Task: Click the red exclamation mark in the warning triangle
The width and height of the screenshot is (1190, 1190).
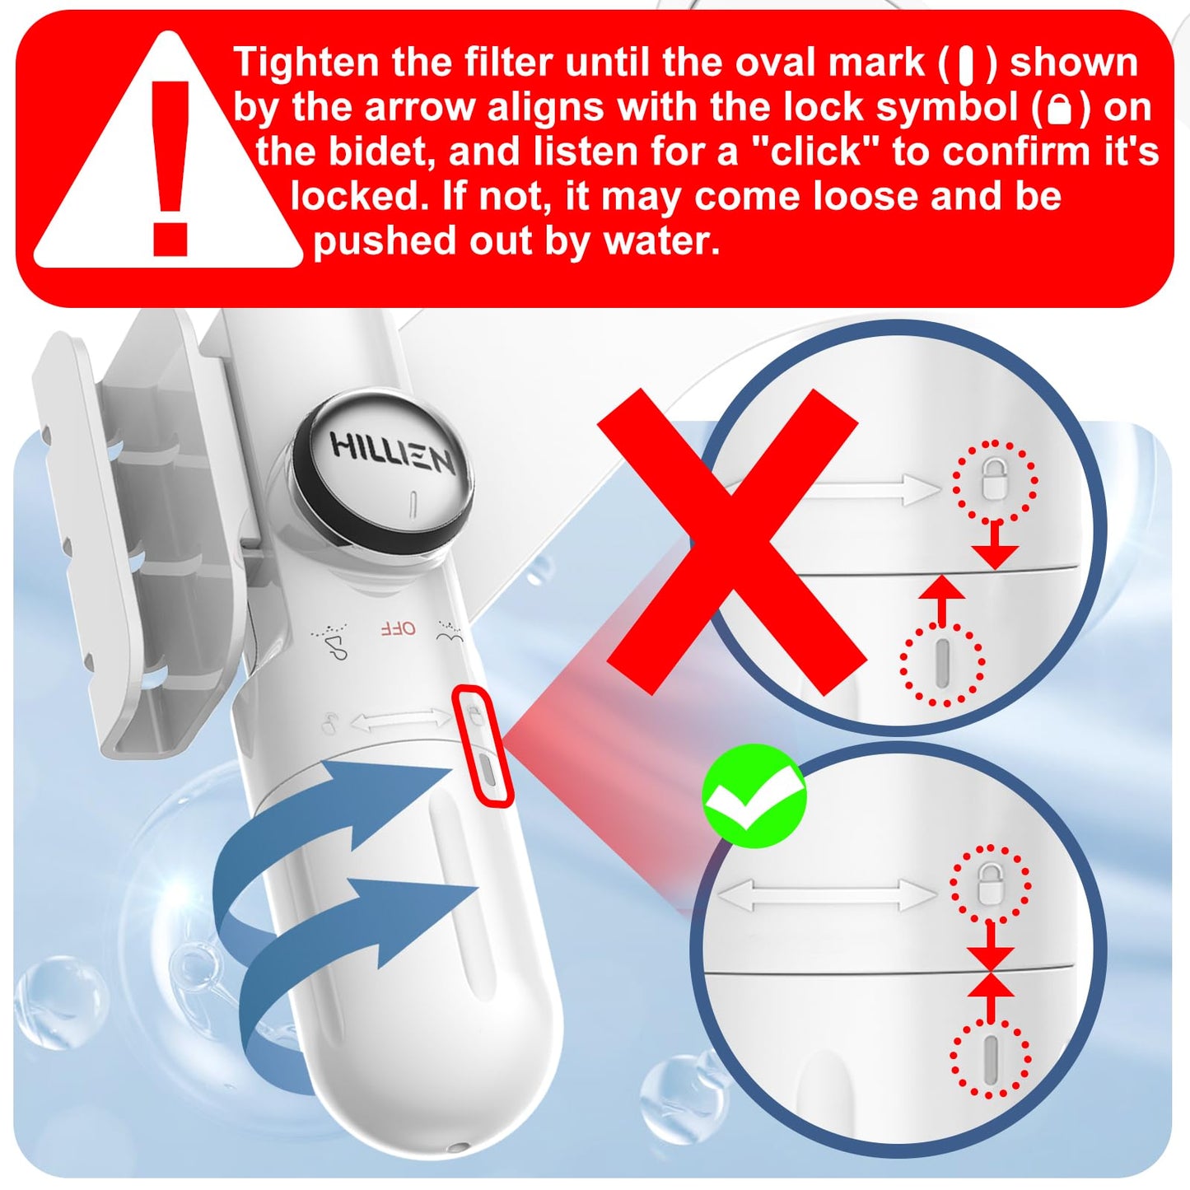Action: tap(171, 165)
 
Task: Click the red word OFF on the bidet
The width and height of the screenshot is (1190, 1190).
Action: tap(398, 628)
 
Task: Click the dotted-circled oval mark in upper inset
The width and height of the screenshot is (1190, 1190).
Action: tap(942, 664)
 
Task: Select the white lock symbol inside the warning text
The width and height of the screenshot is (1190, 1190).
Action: tap(1060, 109)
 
